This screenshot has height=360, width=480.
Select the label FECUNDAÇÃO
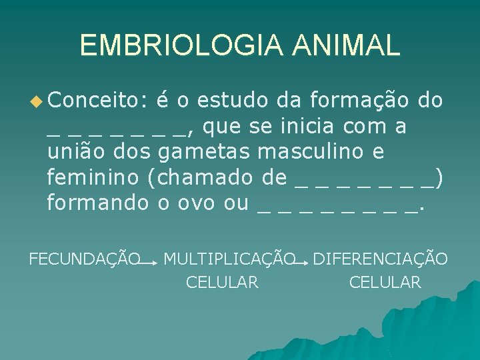pos(85,259)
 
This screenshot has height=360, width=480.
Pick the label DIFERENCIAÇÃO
pos(380,259)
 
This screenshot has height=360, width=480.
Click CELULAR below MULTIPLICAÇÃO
pos(222,283)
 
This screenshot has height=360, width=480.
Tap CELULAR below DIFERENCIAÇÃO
pos(385,283)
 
